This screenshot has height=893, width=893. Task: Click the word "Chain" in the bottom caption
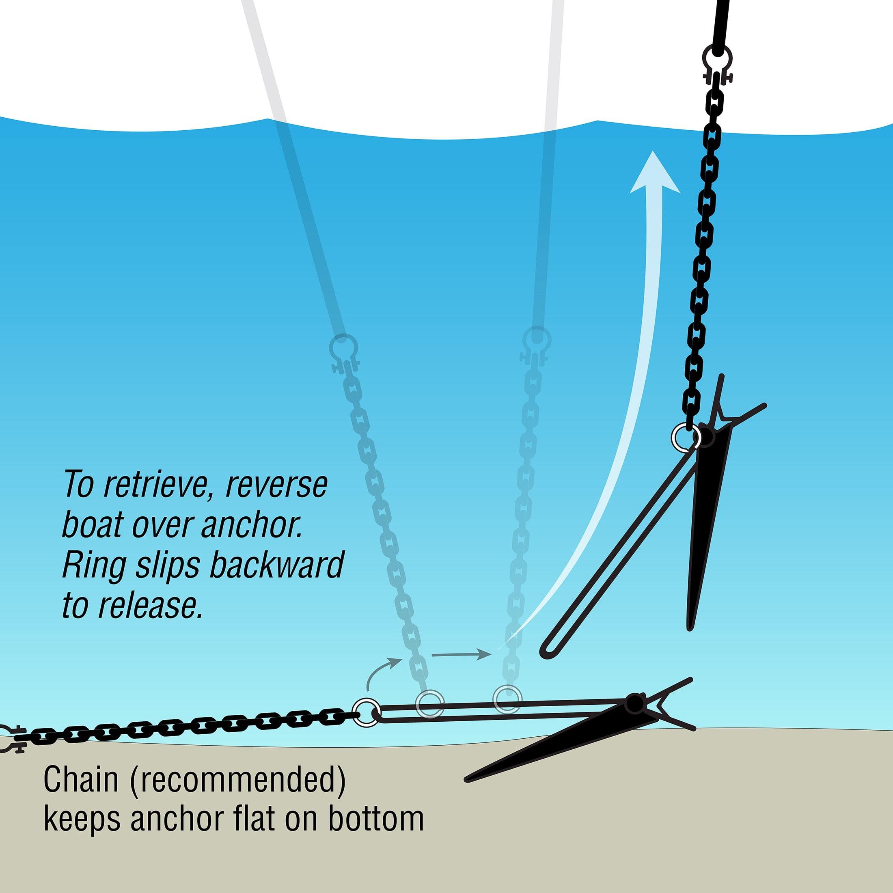[81, 779]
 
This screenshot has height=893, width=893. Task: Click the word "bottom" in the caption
[376, 819]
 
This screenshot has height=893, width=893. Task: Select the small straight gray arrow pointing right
[461, 654]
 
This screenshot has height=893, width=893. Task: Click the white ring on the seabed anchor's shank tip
[367, 712]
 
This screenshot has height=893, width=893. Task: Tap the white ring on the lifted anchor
[686, 436]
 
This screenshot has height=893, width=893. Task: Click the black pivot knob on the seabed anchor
[635, 703]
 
